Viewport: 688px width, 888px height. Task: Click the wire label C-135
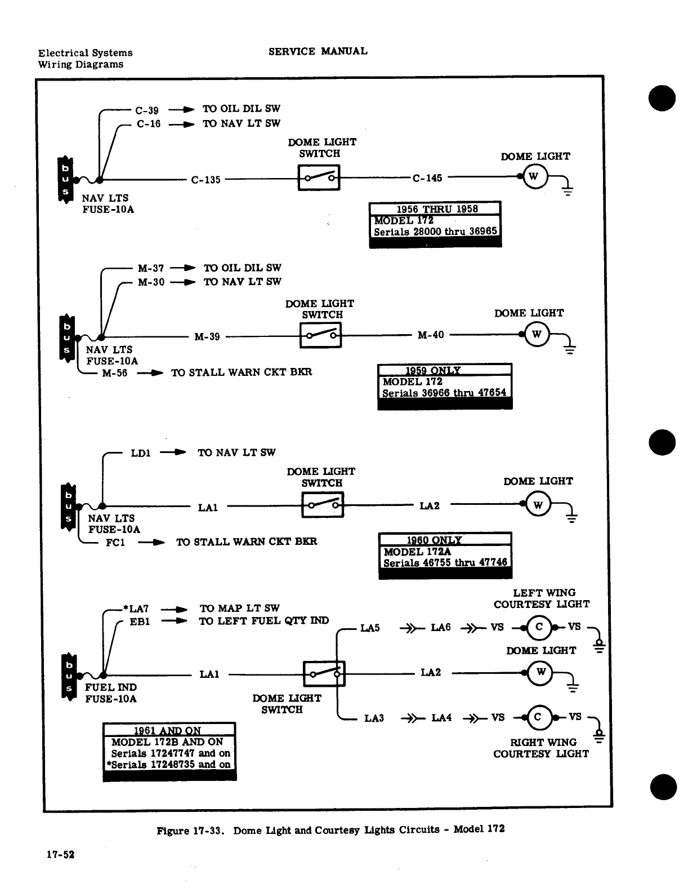(205, 180)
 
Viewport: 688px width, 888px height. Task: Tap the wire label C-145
(427, 179)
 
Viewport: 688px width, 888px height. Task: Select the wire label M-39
(207, 337)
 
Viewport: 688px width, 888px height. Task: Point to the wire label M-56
(115, 373)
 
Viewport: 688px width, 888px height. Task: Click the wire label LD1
(141, 453)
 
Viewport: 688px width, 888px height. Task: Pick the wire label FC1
(115, 543)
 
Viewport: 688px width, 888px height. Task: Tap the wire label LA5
(370, 628)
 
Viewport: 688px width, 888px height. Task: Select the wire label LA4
(441, 718)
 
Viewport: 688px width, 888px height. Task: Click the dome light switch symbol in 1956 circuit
(319, 178)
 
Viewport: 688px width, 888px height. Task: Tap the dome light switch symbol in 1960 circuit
(323, 505)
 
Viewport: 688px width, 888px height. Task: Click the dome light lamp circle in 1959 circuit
(536, 335)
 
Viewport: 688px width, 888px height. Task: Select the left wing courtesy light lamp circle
(538, 627)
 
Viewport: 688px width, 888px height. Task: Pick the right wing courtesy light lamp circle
(537, 717)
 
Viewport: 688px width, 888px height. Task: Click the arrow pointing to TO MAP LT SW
(174, 609)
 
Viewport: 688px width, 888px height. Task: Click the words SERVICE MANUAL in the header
(318, 51)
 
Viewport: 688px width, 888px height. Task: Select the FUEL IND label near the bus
(110, 687)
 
